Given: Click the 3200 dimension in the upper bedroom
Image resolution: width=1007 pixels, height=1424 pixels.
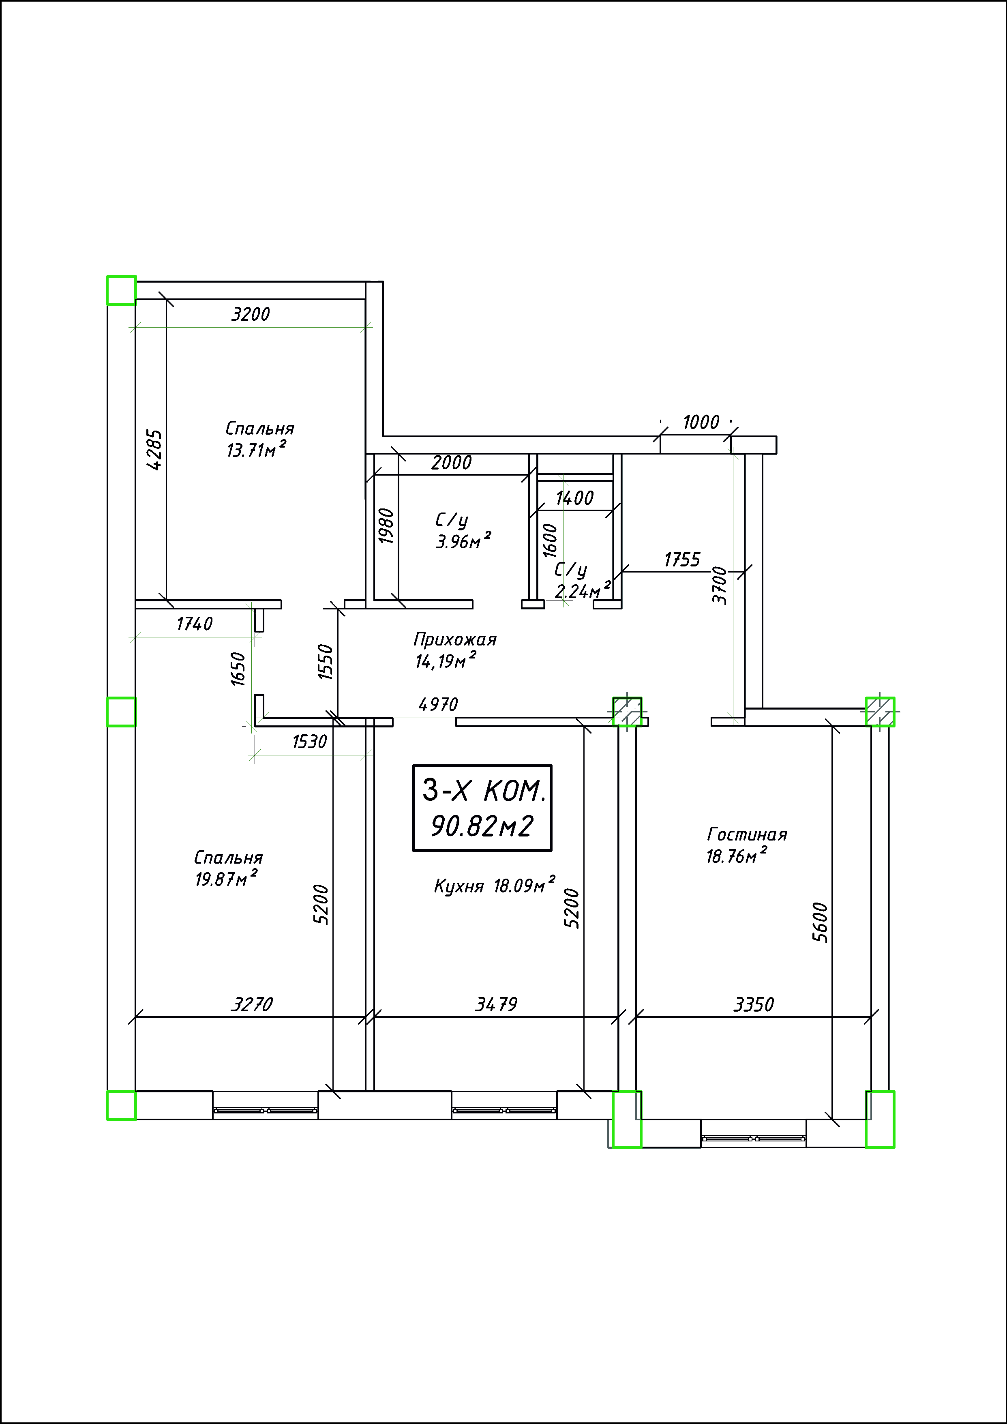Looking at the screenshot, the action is [251, 315].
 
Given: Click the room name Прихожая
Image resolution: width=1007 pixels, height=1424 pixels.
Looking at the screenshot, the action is [455, 639].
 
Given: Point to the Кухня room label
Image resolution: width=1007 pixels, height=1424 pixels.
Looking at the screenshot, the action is [459, 886].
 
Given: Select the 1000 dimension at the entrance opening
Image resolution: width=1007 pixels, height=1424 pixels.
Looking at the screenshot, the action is [701, 422].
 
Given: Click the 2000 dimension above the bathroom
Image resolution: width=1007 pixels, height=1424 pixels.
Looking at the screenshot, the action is [452, 463].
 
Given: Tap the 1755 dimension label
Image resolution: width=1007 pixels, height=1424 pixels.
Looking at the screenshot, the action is [682, 560].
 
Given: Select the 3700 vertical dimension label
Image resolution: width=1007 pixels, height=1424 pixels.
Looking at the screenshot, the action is [719, 585].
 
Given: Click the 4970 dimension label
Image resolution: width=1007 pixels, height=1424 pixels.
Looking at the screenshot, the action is [438, 705].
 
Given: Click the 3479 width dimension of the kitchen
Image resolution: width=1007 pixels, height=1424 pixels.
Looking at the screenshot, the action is [496, 1004].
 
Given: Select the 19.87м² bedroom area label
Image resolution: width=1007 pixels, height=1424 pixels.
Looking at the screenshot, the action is [226, 878].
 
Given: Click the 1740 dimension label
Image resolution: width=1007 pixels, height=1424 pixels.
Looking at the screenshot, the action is [195, 624].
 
